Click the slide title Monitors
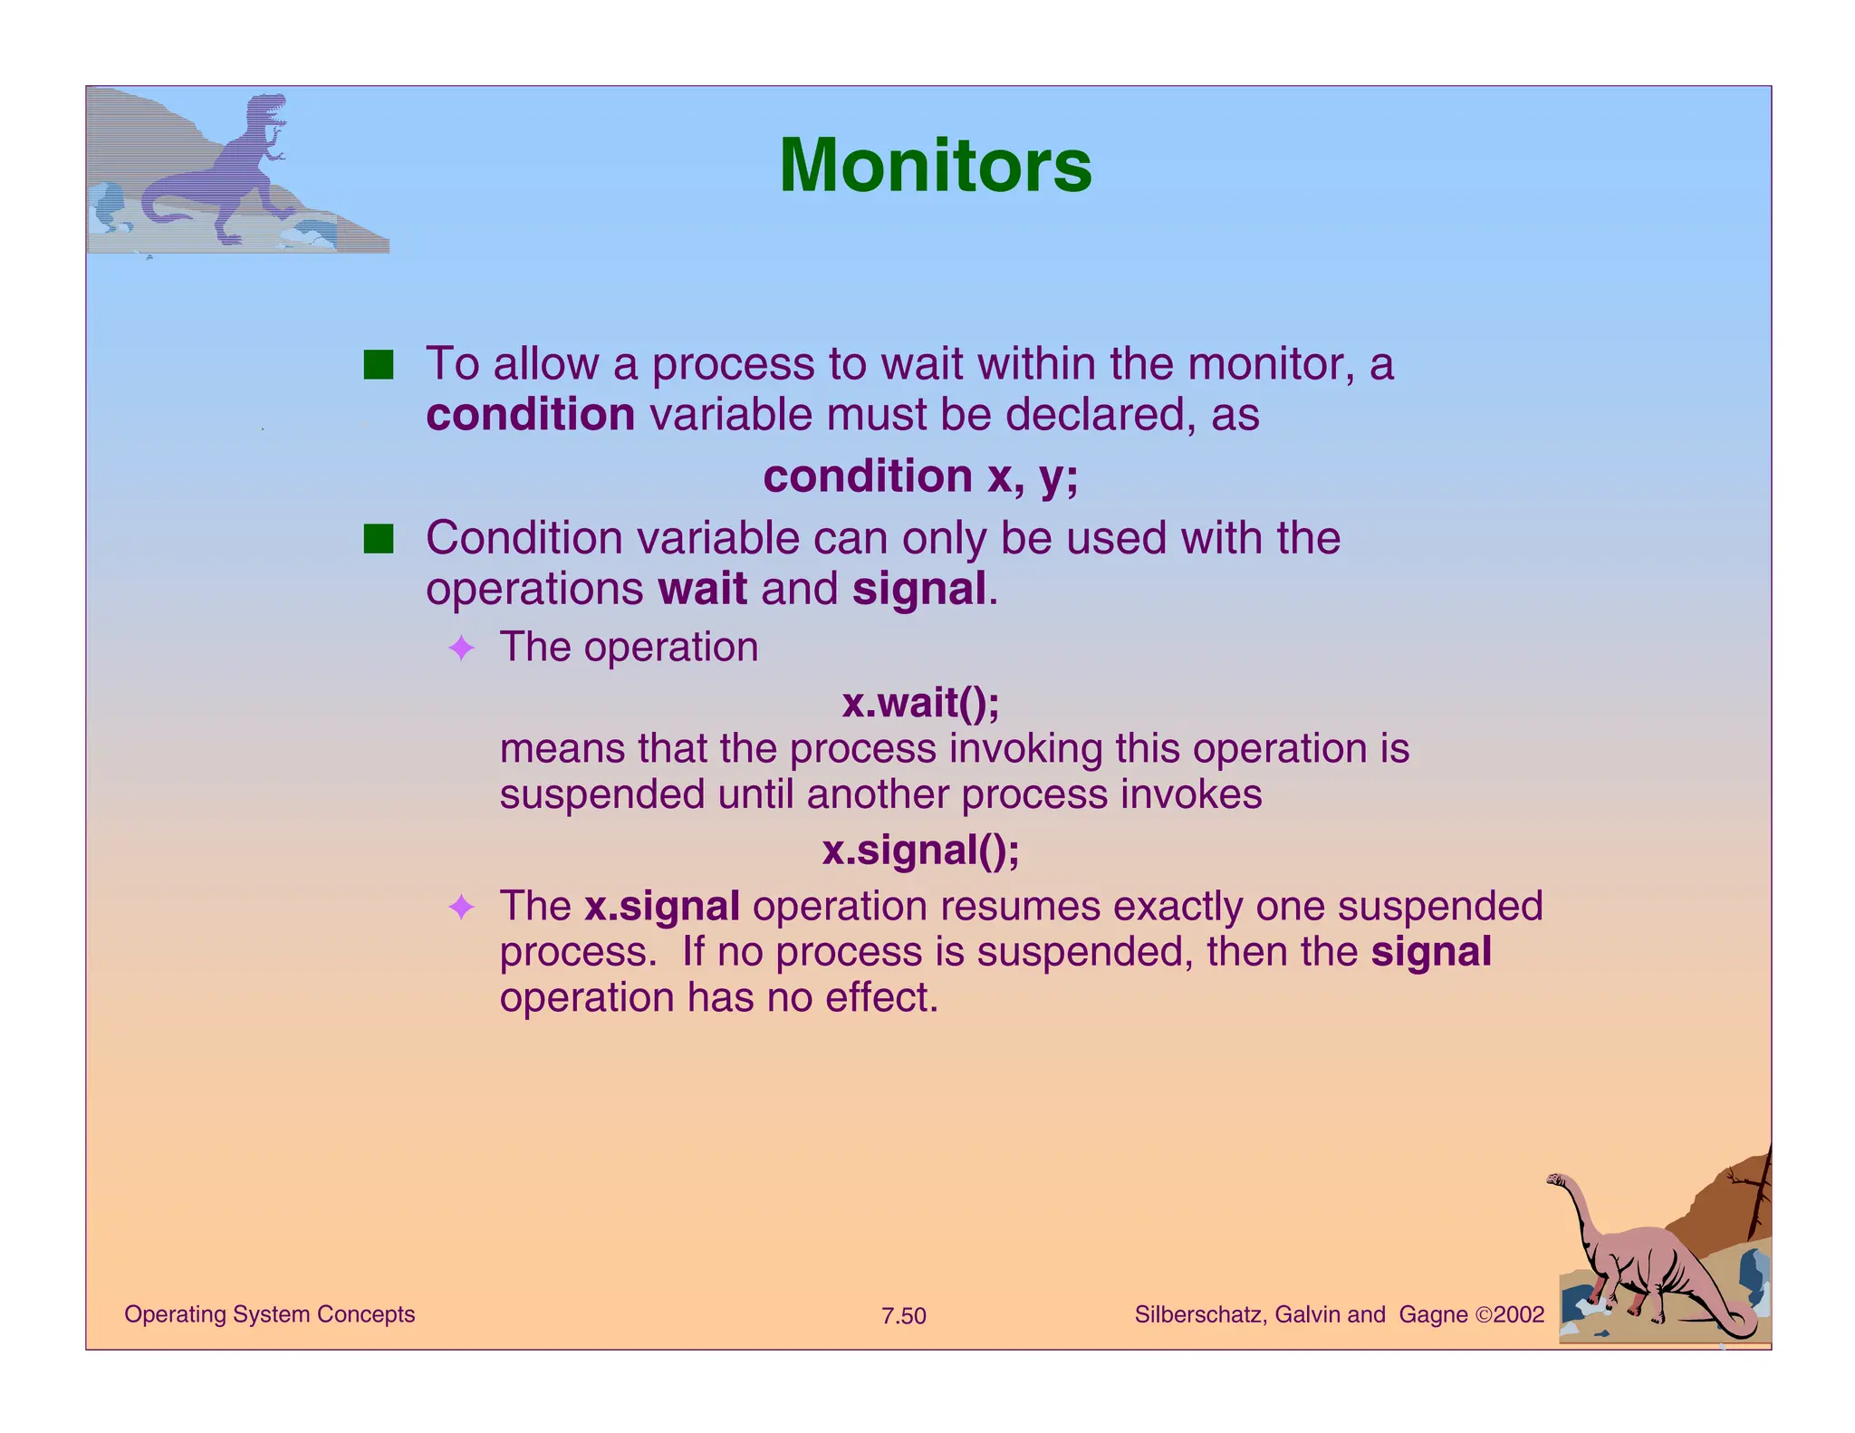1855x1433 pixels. pos(935,166)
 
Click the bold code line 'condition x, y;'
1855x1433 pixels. pos(920,476)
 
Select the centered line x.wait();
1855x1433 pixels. pos(920,703)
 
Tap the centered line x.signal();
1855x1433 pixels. pos(920,851)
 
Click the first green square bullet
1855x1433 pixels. pos(379,365)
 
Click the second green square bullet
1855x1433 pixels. pos(379,539)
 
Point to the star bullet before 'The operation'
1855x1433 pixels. pos(462,648)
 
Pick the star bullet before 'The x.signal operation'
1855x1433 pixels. pos(462,907)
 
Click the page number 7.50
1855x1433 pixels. pos(903,1316)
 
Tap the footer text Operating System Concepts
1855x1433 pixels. pos(269,1314)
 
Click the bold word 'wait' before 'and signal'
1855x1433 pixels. pos(702,589)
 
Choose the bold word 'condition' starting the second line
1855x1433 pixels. pos(530,415)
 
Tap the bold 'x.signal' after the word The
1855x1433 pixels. pos(661,907)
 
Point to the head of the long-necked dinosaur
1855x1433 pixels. pos(1557,1180)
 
